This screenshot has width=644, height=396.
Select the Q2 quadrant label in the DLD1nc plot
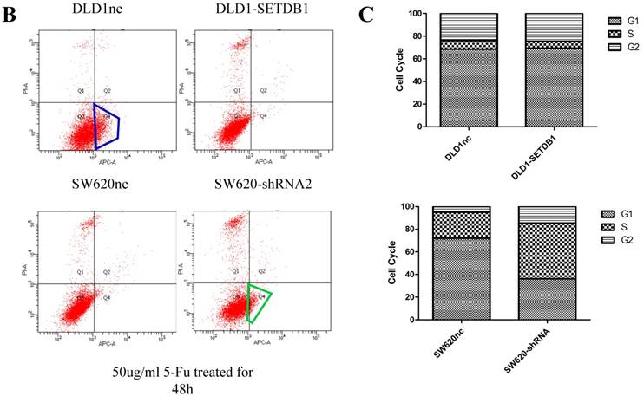coord(108,90)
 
